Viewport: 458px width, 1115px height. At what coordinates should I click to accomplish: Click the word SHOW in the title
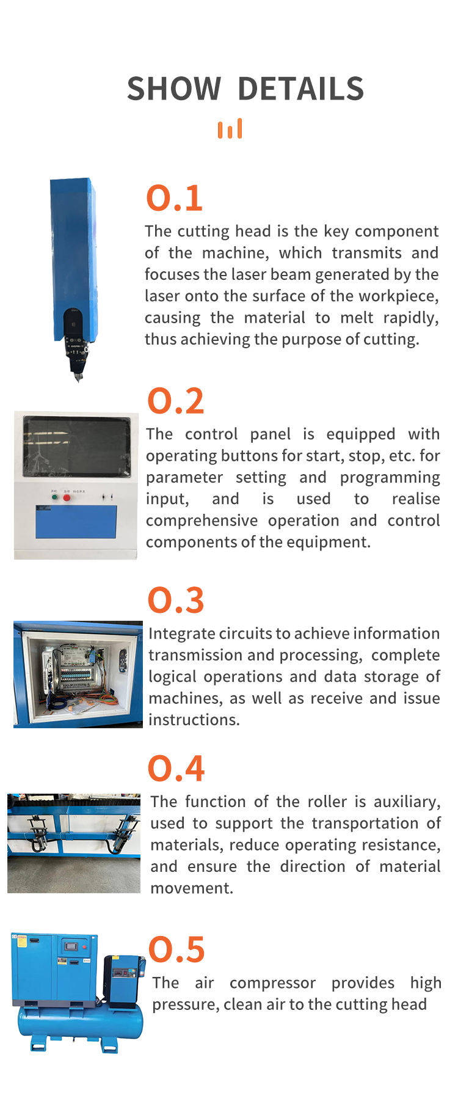click(x=173, y=89)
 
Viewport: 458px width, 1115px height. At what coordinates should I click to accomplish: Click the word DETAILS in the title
click(x=301, y=89)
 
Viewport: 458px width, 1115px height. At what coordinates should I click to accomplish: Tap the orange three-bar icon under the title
click(x=230, y=128)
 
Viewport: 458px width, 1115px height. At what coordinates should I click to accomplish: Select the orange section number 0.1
click(x=175, y=199)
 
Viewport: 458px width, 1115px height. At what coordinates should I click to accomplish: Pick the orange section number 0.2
click(x=176, y=401)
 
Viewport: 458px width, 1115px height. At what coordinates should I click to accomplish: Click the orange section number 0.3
click(x=176, y=601)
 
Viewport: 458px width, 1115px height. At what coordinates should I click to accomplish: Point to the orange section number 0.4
click(x=176, y=769)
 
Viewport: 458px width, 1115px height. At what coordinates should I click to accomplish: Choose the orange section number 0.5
click(x=176, y=949)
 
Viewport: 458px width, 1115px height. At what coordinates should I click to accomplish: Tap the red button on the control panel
click(x=67, y=498)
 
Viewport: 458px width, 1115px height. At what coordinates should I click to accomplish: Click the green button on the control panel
click(x=54, y=497)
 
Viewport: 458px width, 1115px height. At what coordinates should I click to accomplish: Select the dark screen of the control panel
click(x=77, y=447)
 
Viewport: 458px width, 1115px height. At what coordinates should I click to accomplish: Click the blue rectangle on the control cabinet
click(x=76, y=522)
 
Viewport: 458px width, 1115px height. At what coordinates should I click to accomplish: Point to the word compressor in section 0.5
click(x=273, y=983)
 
